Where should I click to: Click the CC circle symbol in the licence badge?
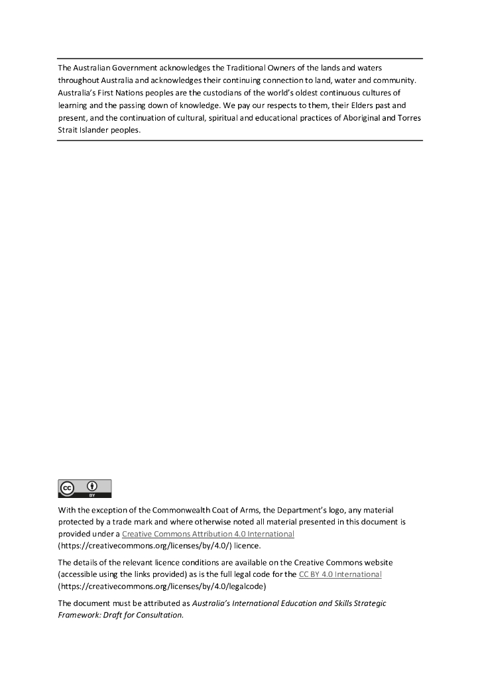[67, 488]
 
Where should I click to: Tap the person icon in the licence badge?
[93, 485]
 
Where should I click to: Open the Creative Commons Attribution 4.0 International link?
[208, 534]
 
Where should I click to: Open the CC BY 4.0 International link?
[340, 574]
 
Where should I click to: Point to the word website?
[378, 562]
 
